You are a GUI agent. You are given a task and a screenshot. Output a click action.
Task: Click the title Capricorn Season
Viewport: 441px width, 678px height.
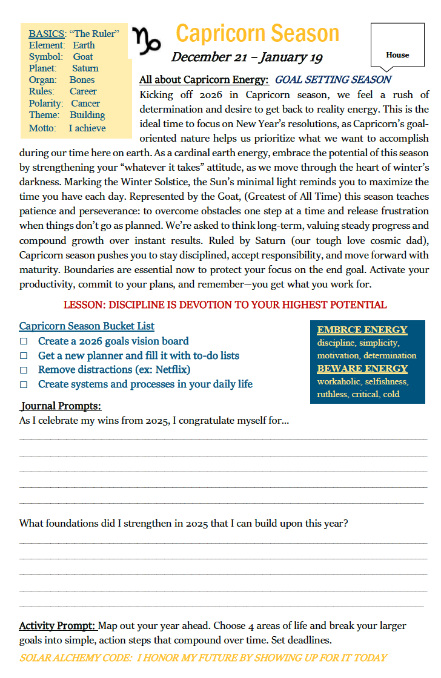tap(257, 33)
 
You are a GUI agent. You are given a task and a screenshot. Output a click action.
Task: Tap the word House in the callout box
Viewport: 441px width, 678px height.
tap(397, 55)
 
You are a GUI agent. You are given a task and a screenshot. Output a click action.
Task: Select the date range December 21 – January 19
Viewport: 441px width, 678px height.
tap(247, 58)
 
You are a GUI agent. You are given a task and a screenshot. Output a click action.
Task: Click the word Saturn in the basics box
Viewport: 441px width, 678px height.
tap(85, 68)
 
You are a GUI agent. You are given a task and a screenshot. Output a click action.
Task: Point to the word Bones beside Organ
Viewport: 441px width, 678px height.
tap(82, 80)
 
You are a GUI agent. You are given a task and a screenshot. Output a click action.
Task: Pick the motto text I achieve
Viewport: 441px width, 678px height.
tap(87, 128)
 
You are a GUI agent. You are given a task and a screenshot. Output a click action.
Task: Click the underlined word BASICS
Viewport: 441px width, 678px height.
tap(47, 34)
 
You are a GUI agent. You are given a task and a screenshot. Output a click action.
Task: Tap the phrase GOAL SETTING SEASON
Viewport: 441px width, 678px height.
tap(333, 79)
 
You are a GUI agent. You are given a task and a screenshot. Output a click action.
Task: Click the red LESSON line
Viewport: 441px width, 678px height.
tap(225, 304)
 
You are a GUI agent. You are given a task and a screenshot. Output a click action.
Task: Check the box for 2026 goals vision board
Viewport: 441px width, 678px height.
tap(24, 341)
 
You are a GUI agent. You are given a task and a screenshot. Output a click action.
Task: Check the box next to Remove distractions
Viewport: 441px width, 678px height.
tap(24, 370)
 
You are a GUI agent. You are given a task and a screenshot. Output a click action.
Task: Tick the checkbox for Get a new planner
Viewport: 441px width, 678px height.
tap(24, 356)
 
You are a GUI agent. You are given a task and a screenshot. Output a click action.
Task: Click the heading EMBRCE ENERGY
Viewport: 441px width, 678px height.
tap(362, 330)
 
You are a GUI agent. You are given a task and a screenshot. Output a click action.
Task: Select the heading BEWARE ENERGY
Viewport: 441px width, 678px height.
tap(362, 369)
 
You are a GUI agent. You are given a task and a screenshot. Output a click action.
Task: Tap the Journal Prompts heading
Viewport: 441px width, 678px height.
tap(61, 406)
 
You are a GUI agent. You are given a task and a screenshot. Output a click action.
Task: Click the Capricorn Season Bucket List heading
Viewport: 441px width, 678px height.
tap(87, 326)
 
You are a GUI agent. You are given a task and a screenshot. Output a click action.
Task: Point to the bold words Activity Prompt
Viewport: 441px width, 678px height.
tap(58, 625)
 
